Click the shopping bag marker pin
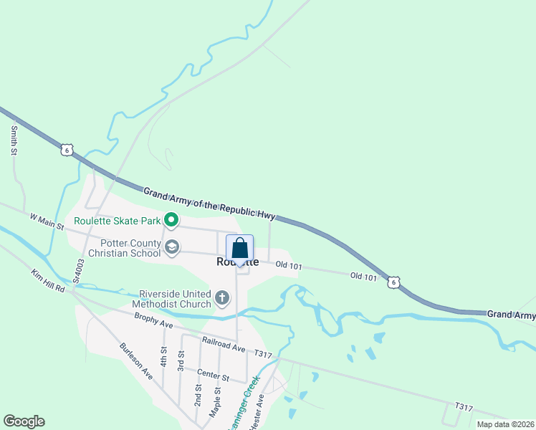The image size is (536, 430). click(239, 249)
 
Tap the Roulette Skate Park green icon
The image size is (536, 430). click(171, 219)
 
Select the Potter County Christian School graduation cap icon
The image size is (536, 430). click(171, 247)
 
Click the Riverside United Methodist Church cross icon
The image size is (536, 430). click(222, 297)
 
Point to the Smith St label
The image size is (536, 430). click(14, 140)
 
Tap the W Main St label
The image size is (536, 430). click(47, 221)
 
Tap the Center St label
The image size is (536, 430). click(213, 376)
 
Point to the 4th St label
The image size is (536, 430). click(164, 356)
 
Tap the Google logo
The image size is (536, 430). click(24, 421)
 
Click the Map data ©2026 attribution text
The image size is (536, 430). click(506, 424)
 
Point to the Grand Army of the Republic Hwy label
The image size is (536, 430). click(209, 204)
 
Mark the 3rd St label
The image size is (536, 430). click(181, 361)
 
